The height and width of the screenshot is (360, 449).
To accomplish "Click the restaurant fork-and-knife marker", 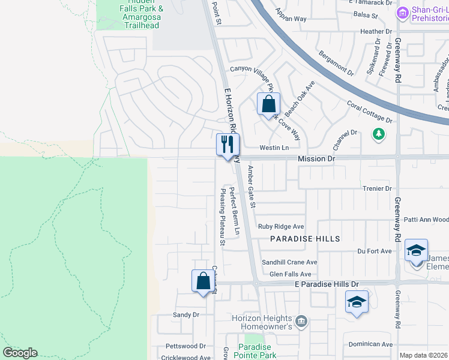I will pyautogui.click(x=228, y=145).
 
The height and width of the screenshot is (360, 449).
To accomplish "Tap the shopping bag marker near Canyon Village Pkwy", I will pyautogui.click(x=268, y=103).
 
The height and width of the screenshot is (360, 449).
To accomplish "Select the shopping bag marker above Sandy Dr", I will pyautogui.click(x=203, y=281).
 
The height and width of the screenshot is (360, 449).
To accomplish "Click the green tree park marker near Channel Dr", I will pyautogui.click(x=378, y=133).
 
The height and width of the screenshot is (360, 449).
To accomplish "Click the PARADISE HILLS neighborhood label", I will pyautogui.click(x=305, y=239).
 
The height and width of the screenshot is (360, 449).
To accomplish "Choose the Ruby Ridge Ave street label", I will pyautogui.click(x=281, y=227).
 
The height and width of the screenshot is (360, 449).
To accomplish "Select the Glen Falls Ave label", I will pyautogui.click(x=290, y=274).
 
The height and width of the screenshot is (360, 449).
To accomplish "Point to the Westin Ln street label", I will pyautogui.click(x=274, y=148).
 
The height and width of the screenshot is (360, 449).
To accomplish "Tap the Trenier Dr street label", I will pyautogui.click(x=377, y=188).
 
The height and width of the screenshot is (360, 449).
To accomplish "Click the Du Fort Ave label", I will pyautogui.click(x=375, y=251).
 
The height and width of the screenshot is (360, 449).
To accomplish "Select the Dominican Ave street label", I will pyautogui.click(x=370, y=344).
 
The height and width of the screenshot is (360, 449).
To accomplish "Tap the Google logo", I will pyautogui.click(x=20, y=353).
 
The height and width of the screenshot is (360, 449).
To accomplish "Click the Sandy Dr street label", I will pyautogui.click(x=185, y=314).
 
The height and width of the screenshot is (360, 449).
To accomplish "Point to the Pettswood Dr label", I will pyautogui.click(x=185, y=346).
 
